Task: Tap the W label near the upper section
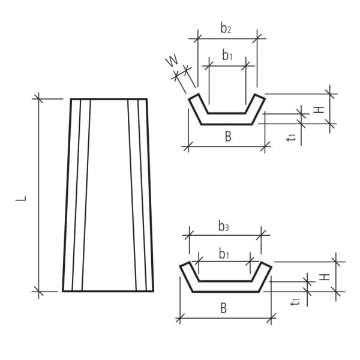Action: (172, 62)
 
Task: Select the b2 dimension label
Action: (226, 28)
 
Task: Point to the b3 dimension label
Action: (224, 227)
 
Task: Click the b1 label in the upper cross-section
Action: (227, 56)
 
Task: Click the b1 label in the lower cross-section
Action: (224, 254)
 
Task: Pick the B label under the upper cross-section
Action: (228, 137)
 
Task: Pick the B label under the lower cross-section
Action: (223, 308)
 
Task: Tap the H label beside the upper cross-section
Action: (320, 109)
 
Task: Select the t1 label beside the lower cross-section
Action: (295, 302)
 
